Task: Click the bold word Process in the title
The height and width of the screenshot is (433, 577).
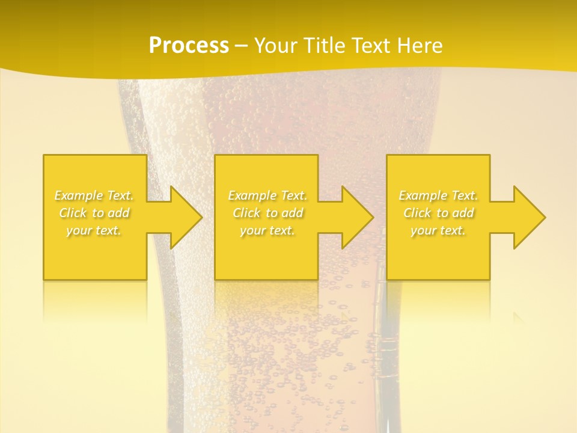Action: click(189, 46)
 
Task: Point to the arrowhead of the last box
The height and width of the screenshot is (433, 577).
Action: click(528, 217)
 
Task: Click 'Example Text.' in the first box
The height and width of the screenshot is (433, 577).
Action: click(94, 195)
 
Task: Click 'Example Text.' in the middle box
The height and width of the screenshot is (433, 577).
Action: click(267, 195)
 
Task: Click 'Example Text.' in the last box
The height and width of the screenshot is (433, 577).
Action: click(438, 195)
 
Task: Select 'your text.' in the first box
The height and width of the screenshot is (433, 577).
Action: click(94, 230)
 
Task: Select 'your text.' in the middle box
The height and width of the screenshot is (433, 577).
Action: click(267, 230)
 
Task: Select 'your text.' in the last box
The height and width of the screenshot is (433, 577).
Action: click(438, 230)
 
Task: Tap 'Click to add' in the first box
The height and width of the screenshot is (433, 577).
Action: click(94, 213)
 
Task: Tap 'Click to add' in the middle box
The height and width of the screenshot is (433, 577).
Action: click(267, 213)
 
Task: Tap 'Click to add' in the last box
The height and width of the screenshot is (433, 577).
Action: click(438, 213)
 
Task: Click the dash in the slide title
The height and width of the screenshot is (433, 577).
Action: click(242, 46)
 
